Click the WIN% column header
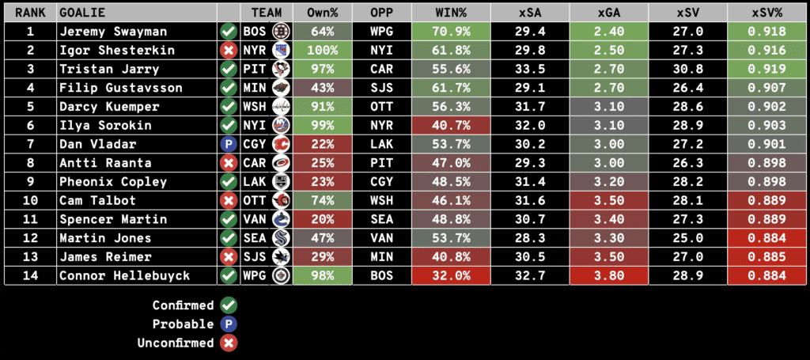click(x=451, y=13)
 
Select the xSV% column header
click(x=767, y=13)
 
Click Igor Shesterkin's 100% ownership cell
click(x=322, y=50)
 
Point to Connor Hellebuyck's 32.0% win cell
click(x=451, y=275)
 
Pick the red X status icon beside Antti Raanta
click(x=229, y=162)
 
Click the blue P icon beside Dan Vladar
click(x=229, y=144)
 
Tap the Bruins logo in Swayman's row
click(x=279, y=31)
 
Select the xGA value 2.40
click(x=608, y=31)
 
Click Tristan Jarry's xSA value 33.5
click(x=529, y=69)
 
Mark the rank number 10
click(x=29, y=200)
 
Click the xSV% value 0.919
click(x=767, y=69)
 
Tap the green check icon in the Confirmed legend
click(x=229, y=305)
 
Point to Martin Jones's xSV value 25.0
click(x=687, y=238)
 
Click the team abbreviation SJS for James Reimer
click(x=255, y=256)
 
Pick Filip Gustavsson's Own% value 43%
click(x=322, y=87)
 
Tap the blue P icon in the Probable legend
click(x=229, y=324)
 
